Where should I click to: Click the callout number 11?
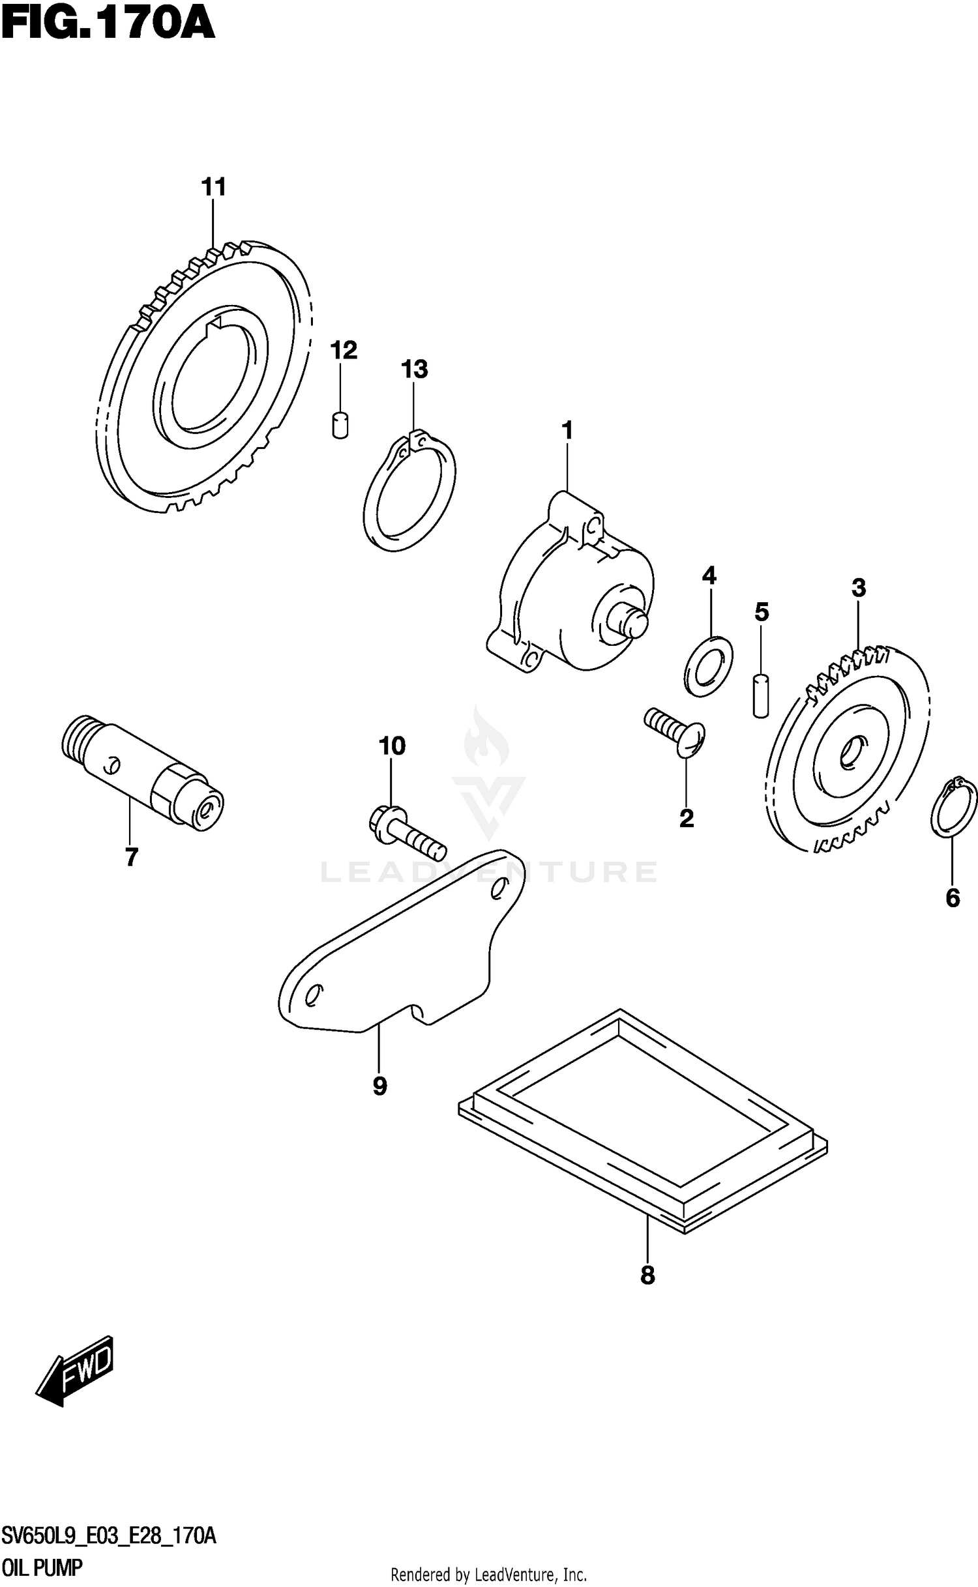coord(213,187)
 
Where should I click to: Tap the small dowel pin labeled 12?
coord(340,426)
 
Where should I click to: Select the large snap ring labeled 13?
coord(409,496)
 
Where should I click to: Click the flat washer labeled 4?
coord(709,666)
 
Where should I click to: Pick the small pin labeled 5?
coord(761,696)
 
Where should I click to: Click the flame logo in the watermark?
coord(486,742)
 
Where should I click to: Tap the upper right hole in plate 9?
coord(499,887)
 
